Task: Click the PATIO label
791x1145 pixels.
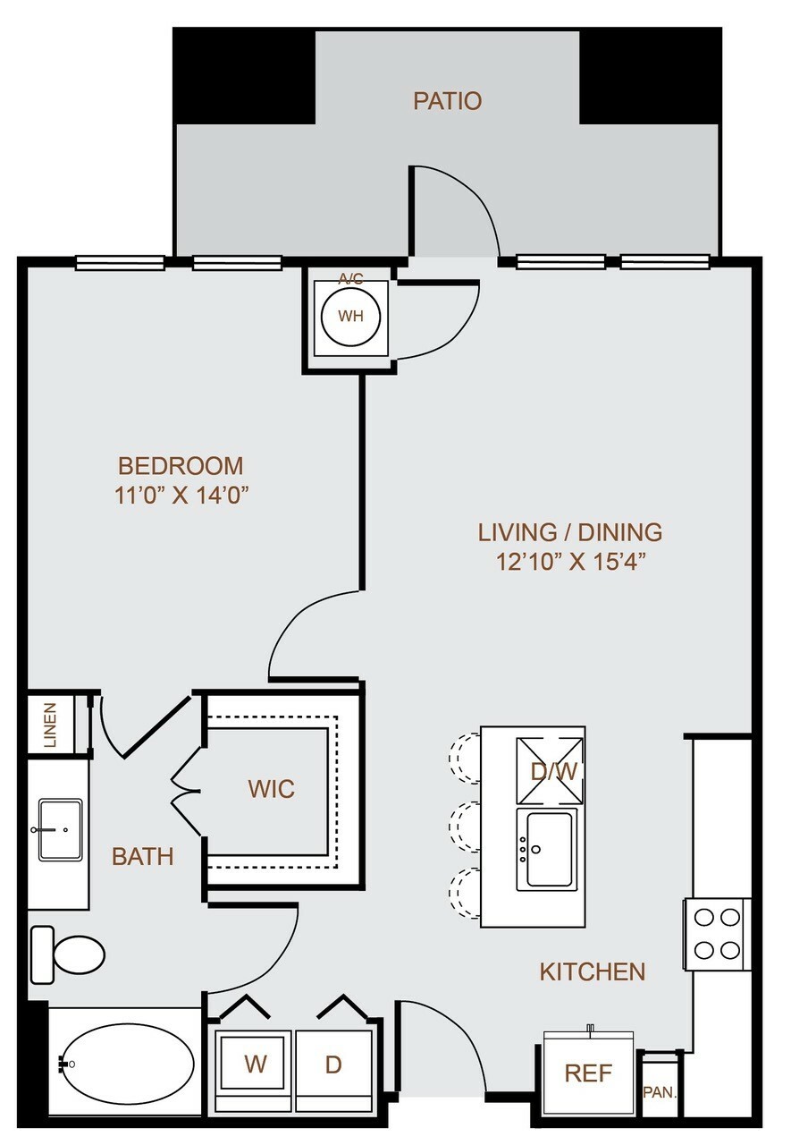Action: point(447,101)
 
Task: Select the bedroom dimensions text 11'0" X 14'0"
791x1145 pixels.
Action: point(181,495)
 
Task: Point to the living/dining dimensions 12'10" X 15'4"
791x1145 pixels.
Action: point(570,562)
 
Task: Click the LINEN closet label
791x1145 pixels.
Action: point(51,725)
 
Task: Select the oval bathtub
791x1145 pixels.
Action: point(127,1064)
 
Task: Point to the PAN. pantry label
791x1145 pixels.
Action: point(660,1092)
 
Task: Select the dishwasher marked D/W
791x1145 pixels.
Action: point(550,771)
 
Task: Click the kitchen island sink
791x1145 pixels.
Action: point(547,849)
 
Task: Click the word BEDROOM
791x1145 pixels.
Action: point(181,466)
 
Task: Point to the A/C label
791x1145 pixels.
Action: point(351,279)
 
